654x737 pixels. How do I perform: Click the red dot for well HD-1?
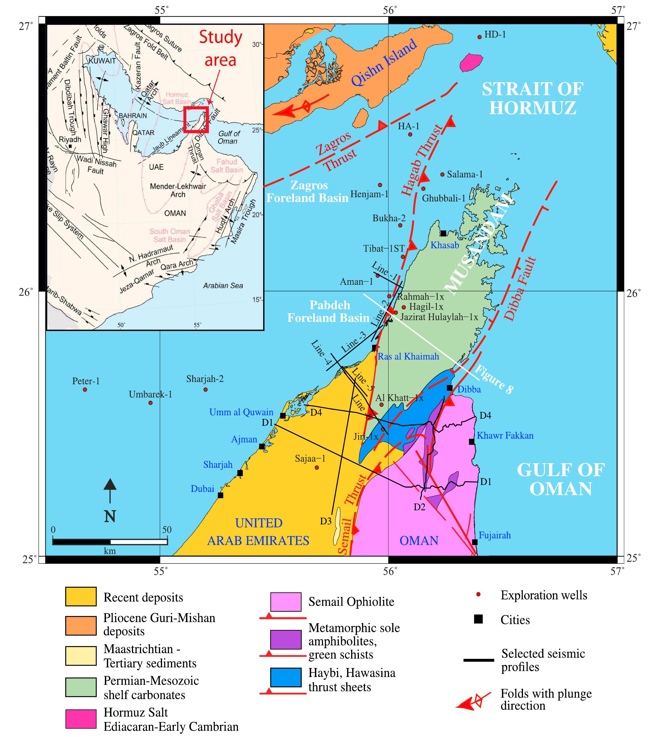[x=479, y=37]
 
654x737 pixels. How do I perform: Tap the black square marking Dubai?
[x=220, y=495]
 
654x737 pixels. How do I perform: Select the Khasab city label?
[x=445, y=245]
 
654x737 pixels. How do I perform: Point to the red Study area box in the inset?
[x=196, y=119]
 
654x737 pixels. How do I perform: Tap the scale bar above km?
[x=110, y=542]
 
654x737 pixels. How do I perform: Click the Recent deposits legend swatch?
[x=81, y=596]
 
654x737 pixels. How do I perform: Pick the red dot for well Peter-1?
[x=85, y=389]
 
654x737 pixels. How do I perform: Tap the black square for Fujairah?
[x=475, y=542]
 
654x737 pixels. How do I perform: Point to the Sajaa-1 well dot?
[x=317, y=467]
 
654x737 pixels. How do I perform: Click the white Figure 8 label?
[x=494, y=379]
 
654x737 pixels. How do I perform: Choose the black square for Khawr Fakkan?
[x=471, y=442]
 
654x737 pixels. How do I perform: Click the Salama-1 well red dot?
[x=442, y=174]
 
